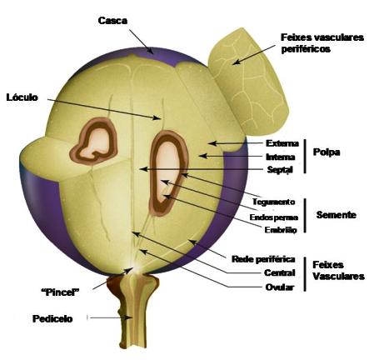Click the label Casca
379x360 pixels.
coord(112,21)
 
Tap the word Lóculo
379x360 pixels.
coord(22,97)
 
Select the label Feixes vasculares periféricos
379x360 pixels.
coord(322,43)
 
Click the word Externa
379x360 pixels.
coord(282,143)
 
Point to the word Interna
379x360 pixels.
coord(281,157)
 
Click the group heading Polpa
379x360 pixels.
coord(327,152)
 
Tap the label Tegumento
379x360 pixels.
coord(273,202)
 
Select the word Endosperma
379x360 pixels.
coord(274,217)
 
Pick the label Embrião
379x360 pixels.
coord(281,230)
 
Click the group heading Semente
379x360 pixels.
coord(337,215)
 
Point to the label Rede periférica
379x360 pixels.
coord(263,259)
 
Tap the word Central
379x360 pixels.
coord(279,272)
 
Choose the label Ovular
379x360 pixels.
coord(279,287)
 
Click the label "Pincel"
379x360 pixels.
coord(60,292)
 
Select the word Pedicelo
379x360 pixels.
coord(52,318)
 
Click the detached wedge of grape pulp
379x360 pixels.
coord(248,81)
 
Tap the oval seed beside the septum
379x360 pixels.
coord(169,172)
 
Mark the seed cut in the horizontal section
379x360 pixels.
coord(94,142)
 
